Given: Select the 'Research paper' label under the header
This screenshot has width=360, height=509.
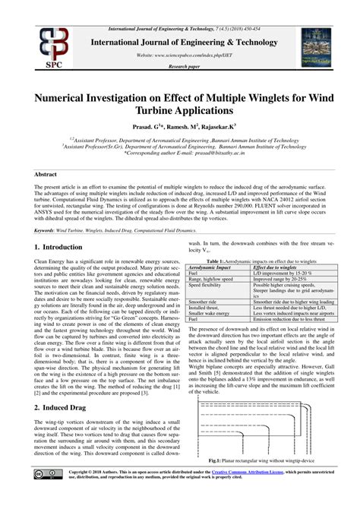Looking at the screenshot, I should click(x=180, y=65).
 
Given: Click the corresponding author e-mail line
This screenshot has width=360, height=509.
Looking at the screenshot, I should click(x=180, y=152).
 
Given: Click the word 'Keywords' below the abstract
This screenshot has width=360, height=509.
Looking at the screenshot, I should click(x=47, y=229).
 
